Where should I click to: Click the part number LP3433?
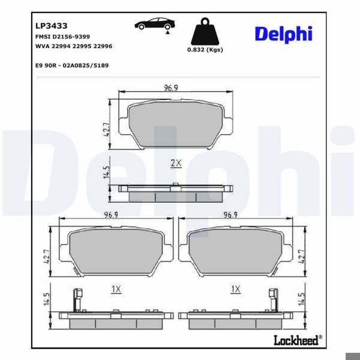click(51, 26)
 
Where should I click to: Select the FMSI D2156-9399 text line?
click(62, 37)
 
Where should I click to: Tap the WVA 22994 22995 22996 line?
click(74, 46)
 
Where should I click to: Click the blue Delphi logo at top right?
click(283, 34)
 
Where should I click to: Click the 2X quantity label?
click(175, 163)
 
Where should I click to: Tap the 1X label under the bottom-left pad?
click(116, 289)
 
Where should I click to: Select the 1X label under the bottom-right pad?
click(235, 289)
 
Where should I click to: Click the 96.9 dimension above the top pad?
click(173, 89)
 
